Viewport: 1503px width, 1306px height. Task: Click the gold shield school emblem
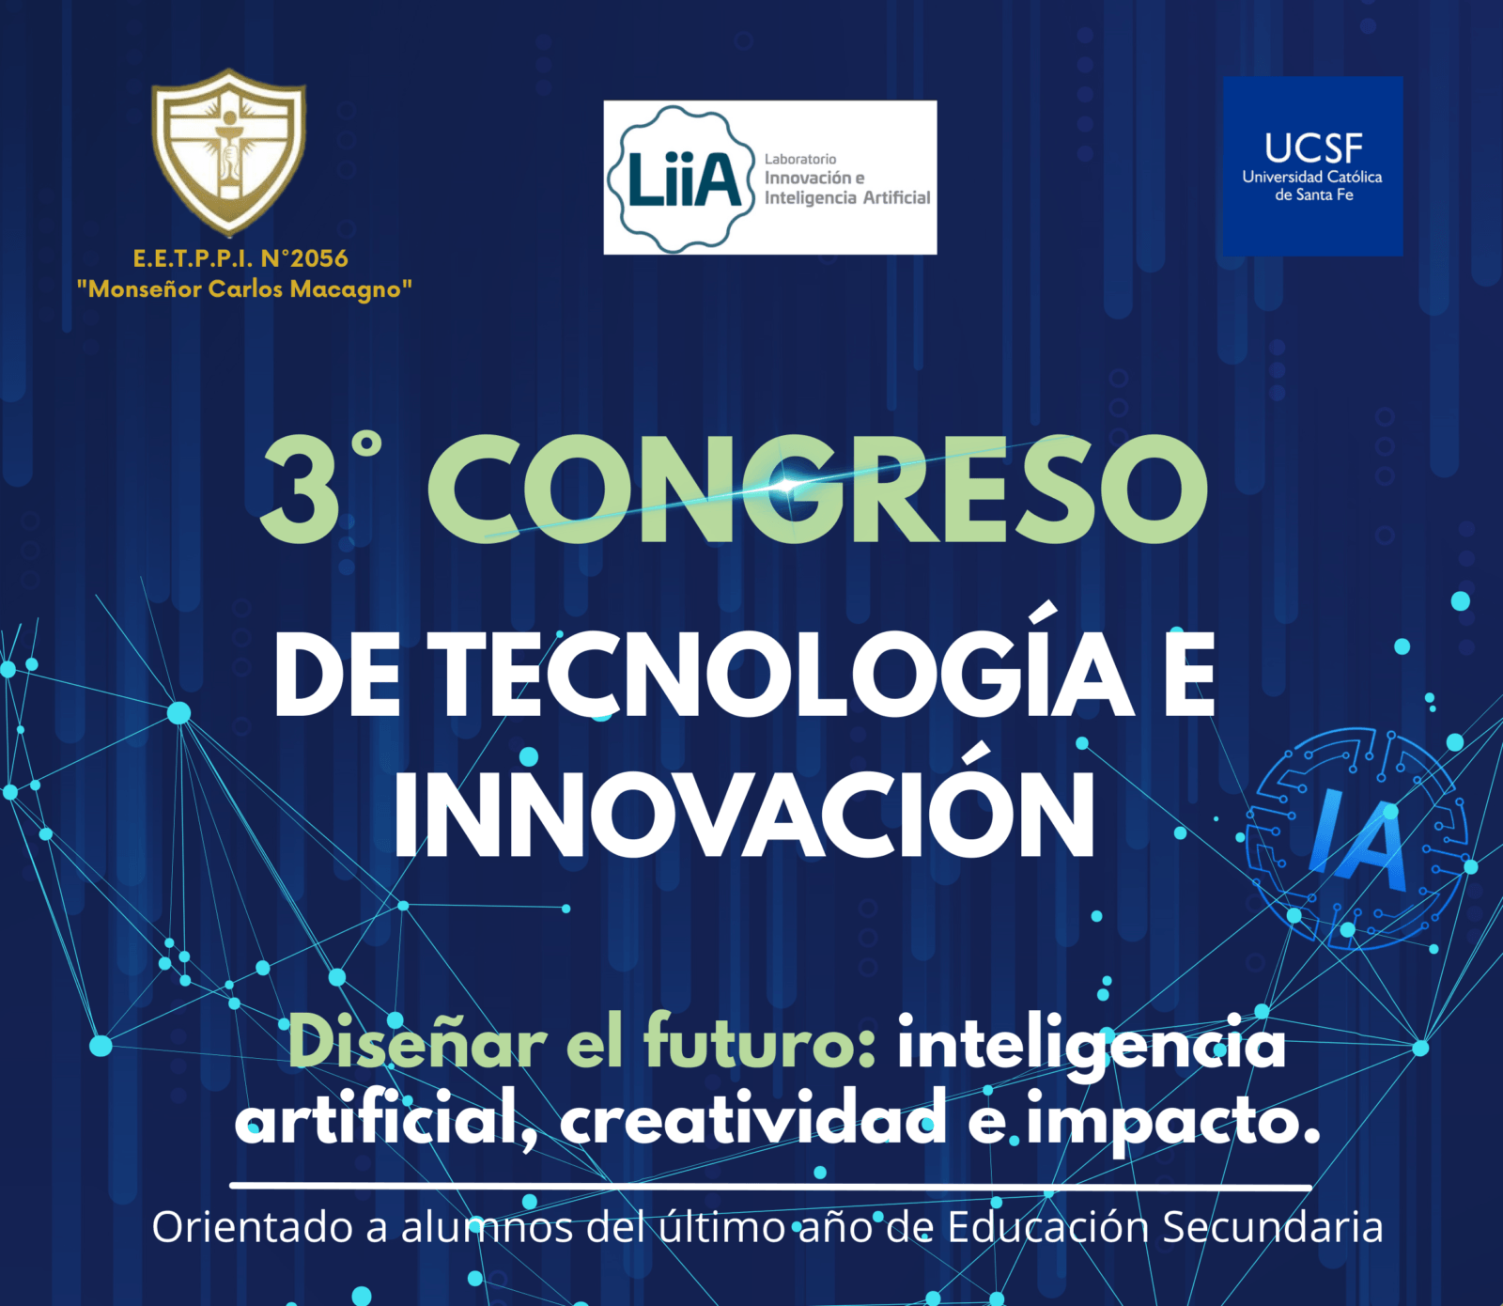coord(228,150)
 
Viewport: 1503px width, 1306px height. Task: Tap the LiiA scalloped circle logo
coord(682,179)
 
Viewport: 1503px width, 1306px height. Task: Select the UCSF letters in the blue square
coord(1312,148)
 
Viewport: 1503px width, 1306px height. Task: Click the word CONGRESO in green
coord(817,489)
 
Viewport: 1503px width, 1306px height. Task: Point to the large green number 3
coord(301,490)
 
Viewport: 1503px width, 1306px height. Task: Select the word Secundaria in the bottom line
coord(1273,1227)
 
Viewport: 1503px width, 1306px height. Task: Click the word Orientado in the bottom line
coord(270,1227)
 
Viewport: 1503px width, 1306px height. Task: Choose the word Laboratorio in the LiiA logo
coord(800,160)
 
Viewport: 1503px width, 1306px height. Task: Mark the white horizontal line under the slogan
coord(770,1187)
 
